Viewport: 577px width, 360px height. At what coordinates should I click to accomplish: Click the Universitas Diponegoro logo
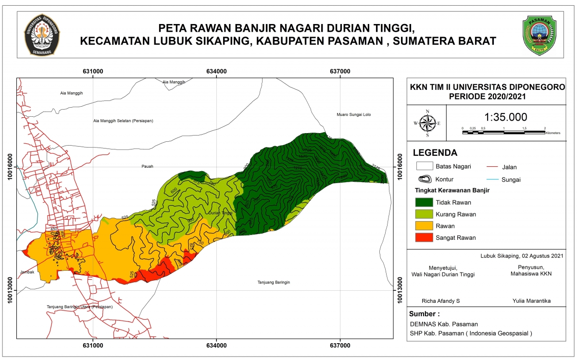click(x=42, y=35)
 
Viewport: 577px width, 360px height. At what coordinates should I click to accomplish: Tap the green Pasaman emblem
click(x=539, y=35)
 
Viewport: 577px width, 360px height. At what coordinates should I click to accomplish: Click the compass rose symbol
click(x=426, y=123)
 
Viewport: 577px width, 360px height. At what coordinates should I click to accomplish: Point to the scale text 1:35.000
click(x=505, y=117)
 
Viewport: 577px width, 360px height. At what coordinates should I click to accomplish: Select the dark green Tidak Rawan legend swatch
click(x=424, y=202)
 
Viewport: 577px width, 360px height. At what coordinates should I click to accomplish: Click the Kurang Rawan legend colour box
click(x=424, y=214)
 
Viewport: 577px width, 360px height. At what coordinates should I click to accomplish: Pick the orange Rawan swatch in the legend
click(x=424, y=226)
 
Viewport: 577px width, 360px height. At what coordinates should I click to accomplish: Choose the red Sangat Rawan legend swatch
click(x=424, y=237)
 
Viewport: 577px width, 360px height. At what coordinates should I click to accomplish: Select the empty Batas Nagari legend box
click(x=424, y=166)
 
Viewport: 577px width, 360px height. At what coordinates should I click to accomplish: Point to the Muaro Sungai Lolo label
click(x=353, y=114)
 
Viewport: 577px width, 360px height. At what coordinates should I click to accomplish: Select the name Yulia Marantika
click(x=531, y=301)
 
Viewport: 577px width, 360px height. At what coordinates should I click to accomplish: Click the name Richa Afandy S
click(x=440, y=301)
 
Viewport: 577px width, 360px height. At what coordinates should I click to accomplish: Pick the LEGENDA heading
click(x=435, y=153)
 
